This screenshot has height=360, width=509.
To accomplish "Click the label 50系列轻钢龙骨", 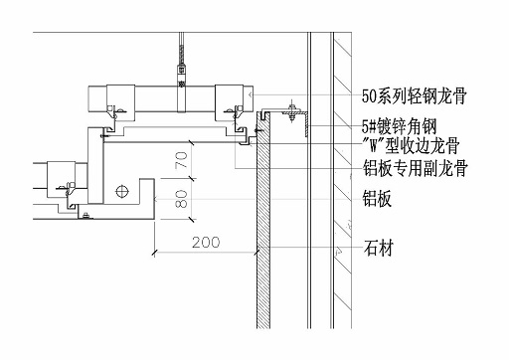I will (415, 96).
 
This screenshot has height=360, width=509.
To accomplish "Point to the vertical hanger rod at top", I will (181, 50).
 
